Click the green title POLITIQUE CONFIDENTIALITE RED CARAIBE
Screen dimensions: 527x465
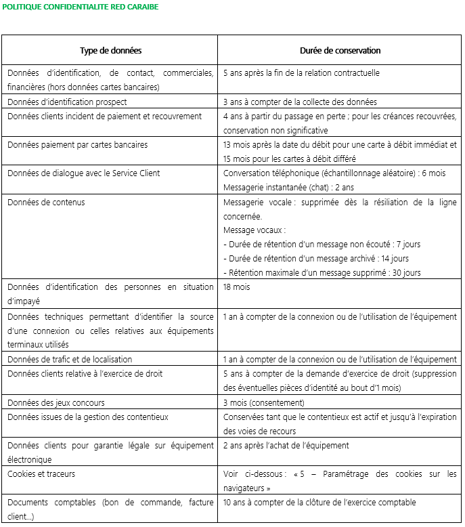point(80,7)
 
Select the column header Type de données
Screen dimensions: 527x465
point(110,51)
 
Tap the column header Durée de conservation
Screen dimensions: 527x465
point(340,51)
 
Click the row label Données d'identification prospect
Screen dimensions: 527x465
point(67,102)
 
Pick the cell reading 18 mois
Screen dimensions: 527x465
point(237,287)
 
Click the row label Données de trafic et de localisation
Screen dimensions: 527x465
point(70,359)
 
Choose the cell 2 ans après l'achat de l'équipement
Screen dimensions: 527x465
point(286,446)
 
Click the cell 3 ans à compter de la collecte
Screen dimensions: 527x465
point(300,102)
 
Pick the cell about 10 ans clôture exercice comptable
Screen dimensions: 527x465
point(319,503)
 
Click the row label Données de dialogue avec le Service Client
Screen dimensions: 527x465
point(83,173)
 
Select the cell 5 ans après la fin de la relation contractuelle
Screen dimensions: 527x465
point(301,73)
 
